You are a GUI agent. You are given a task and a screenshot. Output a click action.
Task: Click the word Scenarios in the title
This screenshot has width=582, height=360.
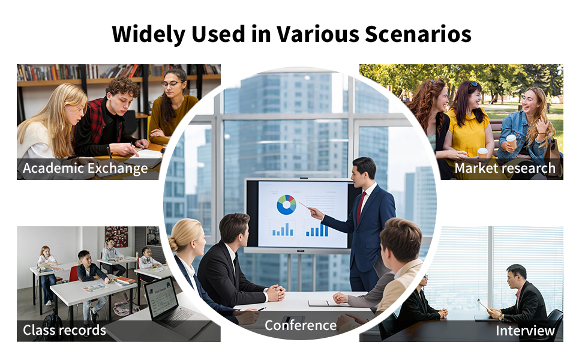(418, 34)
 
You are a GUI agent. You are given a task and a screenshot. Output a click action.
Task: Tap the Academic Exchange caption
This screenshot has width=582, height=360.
(85, 168)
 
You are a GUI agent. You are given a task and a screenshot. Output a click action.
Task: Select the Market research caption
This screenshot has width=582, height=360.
(505, 168)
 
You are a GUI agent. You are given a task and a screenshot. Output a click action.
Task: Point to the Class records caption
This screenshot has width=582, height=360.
(64, 329)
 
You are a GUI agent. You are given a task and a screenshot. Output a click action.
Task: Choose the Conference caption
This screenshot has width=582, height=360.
(301, 325)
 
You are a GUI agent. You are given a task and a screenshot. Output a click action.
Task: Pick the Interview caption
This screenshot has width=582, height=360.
(525, 331)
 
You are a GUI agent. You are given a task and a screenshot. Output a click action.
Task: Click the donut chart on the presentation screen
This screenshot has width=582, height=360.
(287, 205)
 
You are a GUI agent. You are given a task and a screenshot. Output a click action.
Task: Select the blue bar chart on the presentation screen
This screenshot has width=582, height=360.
(317, 230)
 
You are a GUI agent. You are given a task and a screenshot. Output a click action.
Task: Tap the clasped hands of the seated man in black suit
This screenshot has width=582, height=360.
(275, 293)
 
